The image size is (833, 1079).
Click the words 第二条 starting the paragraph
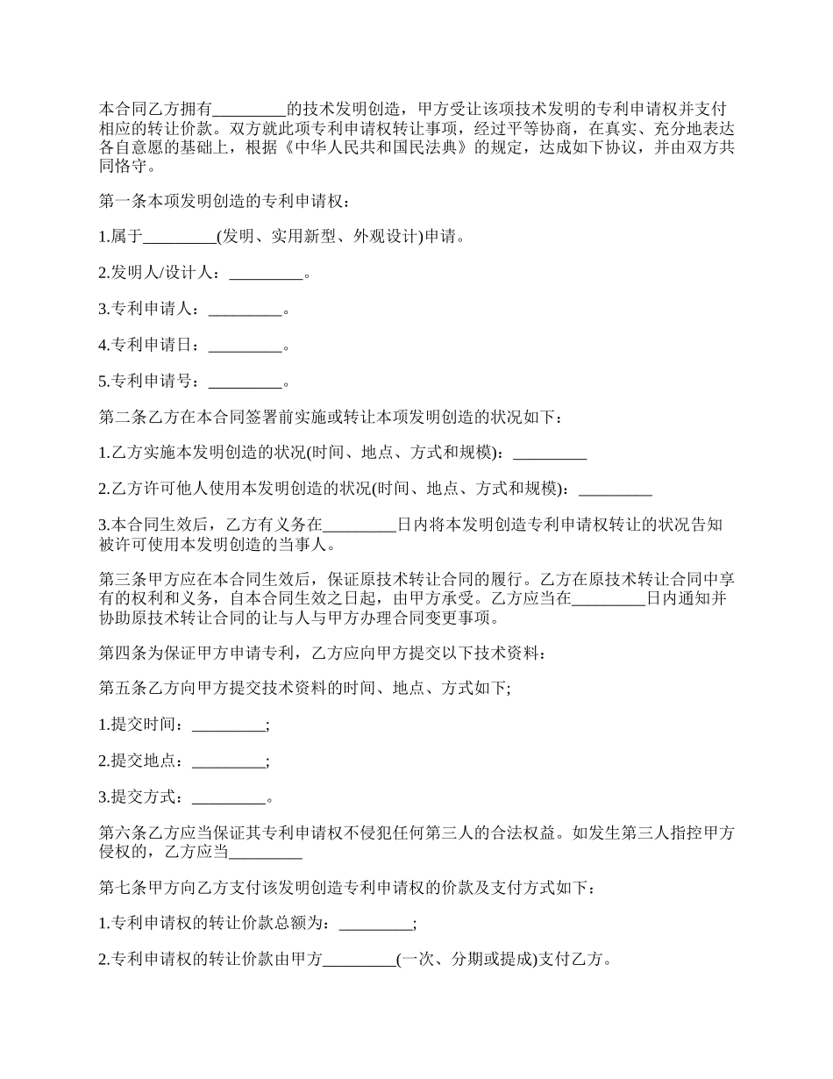tap(118, 418)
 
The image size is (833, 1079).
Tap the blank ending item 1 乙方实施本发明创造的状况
tap(550, 453)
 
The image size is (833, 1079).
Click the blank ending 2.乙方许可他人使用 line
tap(616, 489)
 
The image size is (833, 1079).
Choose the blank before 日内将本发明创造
tap(360, 525)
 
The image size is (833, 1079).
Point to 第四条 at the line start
tap(118, 653)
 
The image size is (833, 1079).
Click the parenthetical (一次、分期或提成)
tap(466, 959)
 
